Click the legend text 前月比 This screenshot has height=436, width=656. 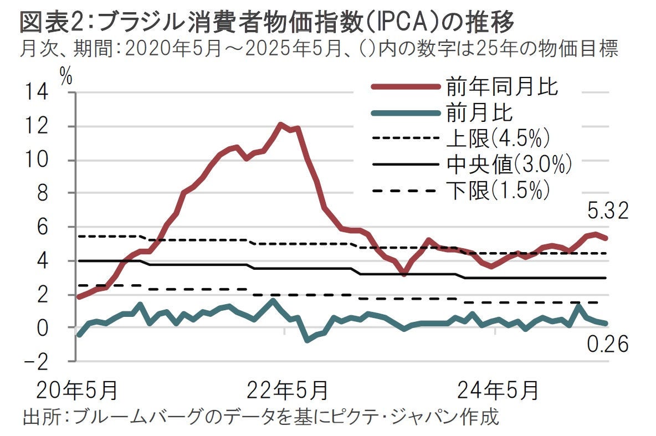[480, 113]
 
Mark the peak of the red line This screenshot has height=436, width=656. [281, 125]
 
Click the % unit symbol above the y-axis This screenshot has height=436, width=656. [66, 76]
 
